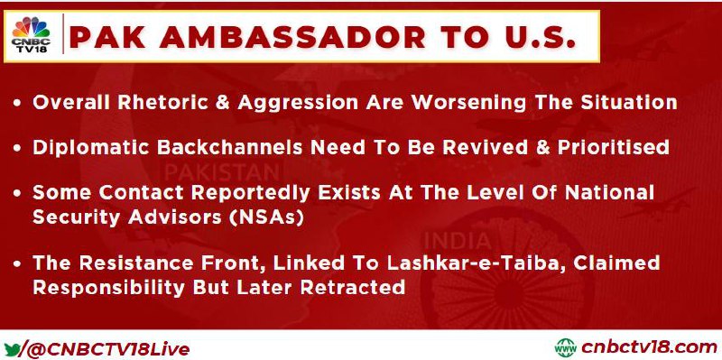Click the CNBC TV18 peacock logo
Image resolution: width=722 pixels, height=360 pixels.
pyautogui.click(x=31, y=35)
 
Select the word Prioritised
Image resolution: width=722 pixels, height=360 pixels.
pyautogui.click(x=614, y=147)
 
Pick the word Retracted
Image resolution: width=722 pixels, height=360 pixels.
pyautogui.click(x=353, y=287)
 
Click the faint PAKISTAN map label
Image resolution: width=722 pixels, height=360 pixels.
pyautogui.click(x=222, y=173)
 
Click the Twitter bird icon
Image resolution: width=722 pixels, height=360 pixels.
pyautogui.click(x=13, y=348)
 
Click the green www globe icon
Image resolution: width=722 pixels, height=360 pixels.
pyautogui.click(x=566, y=348)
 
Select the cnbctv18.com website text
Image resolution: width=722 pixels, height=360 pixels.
pyautogui.click(x=649, y=347)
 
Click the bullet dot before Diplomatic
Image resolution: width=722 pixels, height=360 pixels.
pyautogui.click(x=17, y=148)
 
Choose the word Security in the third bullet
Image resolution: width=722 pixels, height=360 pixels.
pyautogui.click(x=77, y=217)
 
